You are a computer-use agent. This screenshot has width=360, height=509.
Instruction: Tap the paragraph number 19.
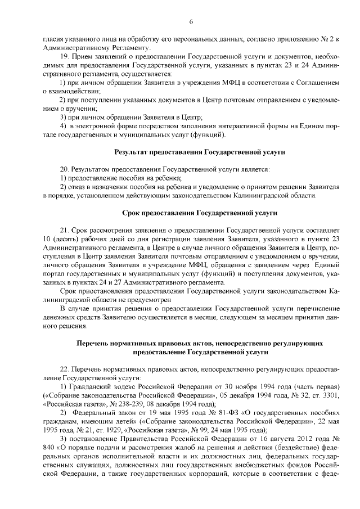63,57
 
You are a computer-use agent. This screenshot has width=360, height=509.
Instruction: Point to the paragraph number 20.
63,169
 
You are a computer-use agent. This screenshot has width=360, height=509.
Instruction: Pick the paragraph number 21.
63,231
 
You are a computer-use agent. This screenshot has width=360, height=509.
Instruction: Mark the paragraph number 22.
63,370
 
